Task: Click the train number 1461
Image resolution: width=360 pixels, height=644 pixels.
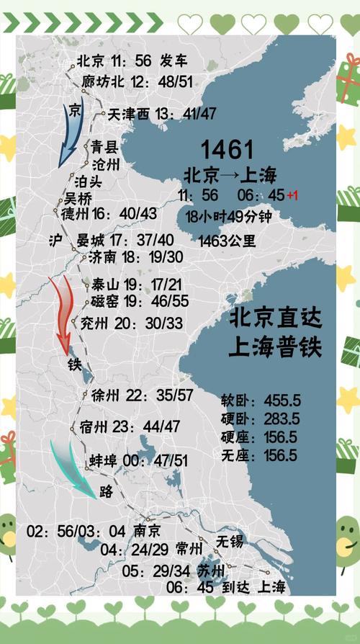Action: pyautogui.click(x=227, y=150)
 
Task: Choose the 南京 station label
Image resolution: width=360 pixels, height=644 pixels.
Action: pyautogui.click(x=147, y=531)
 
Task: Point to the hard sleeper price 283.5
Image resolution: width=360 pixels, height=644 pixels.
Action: pyautogui.click(x=282, y=419)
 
